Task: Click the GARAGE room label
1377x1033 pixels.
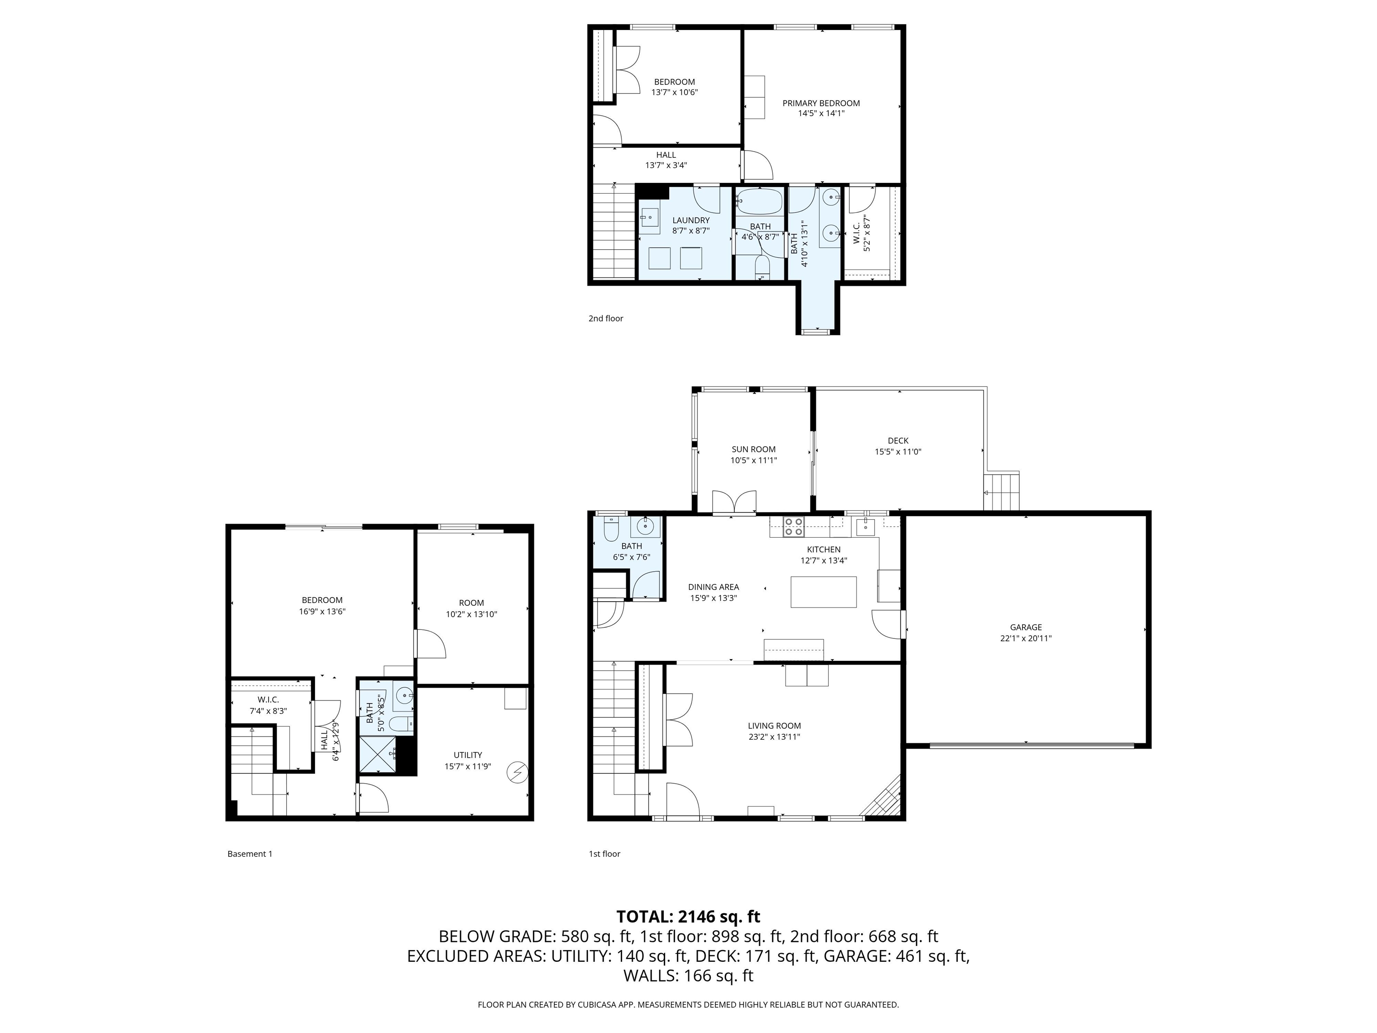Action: [1025, 627]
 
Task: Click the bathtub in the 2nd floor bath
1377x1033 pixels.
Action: [759, 202]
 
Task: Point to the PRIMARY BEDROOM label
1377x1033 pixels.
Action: [820, 104]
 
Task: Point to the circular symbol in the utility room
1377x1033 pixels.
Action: [517, 773]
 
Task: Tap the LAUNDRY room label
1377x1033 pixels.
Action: [690, 220]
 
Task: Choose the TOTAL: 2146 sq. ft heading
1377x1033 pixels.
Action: [688, 916]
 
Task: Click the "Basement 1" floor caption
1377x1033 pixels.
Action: [250, 854]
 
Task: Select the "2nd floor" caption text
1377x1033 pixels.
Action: [605, 318]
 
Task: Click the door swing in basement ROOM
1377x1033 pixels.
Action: [431, 644]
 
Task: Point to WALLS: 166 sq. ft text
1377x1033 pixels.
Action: [688, 976]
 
